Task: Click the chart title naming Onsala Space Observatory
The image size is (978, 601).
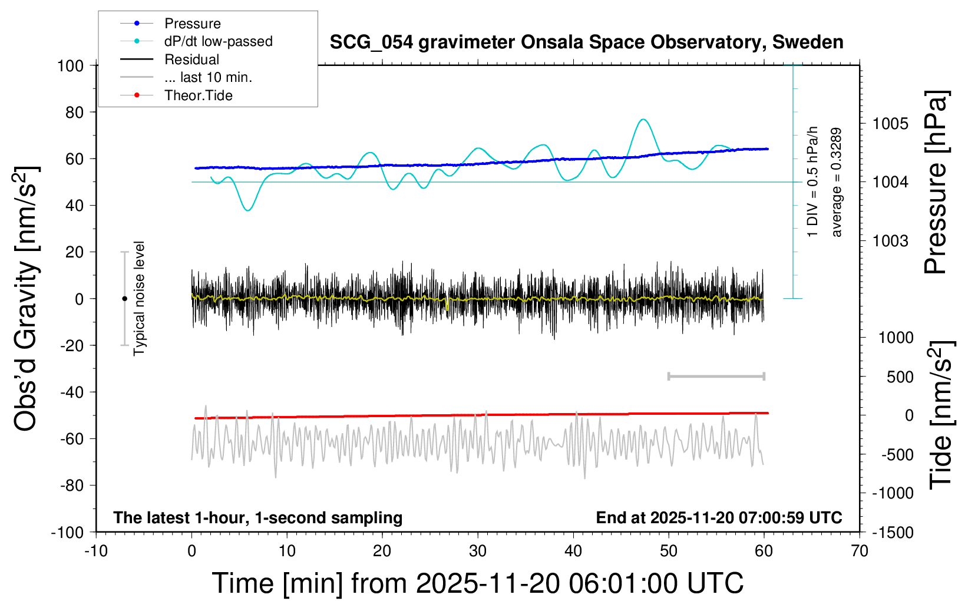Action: pyautogui.click(x=586, y=42)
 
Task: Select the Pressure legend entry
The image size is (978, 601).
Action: pyautogui.click(x=192, y=24)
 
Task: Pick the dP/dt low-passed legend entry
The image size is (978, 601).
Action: pyautogui.click(x=218, y=41)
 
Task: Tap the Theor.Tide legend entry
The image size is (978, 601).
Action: pyautogui.click(x=198, y=95)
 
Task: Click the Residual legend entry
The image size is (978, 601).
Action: pyautogui.click(x=191, y=60)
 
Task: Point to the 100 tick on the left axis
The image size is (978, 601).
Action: pyautogui.click(x=70, y=65)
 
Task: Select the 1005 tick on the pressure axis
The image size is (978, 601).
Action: pyautogui.click(x=890, y=124)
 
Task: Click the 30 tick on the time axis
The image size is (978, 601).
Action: pyautogui.click(x=478, y=552)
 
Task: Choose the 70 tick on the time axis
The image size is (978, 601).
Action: pyautogui.click(x=860, y=552)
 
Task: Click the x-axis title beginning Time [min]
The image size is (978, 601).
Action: pyautogui.click(x=477, y=583)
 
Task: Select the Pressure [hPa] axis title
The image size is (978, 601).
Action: pyautogui.click(x=935, y=183)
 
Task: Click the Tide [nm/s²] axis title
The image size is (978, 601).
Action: pyautogui.click(x=941, y=415)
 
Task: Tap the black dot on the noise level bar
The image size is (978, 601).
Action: pyautogui.click(x=124, y=299)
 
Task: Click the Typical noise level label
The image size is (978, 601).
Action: pyautogui.click(x=139, y=299)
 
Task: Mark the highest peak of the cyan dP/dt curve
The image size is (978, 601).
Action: pyautogui.click(x=643, y=120)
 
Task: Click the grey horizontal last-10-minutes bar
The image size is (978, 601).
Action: pyautogui.click(x=716, y=377)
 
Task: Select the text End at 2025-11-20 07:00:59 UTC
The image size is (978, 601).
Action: pyautogui.click(x=719, y=518)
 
